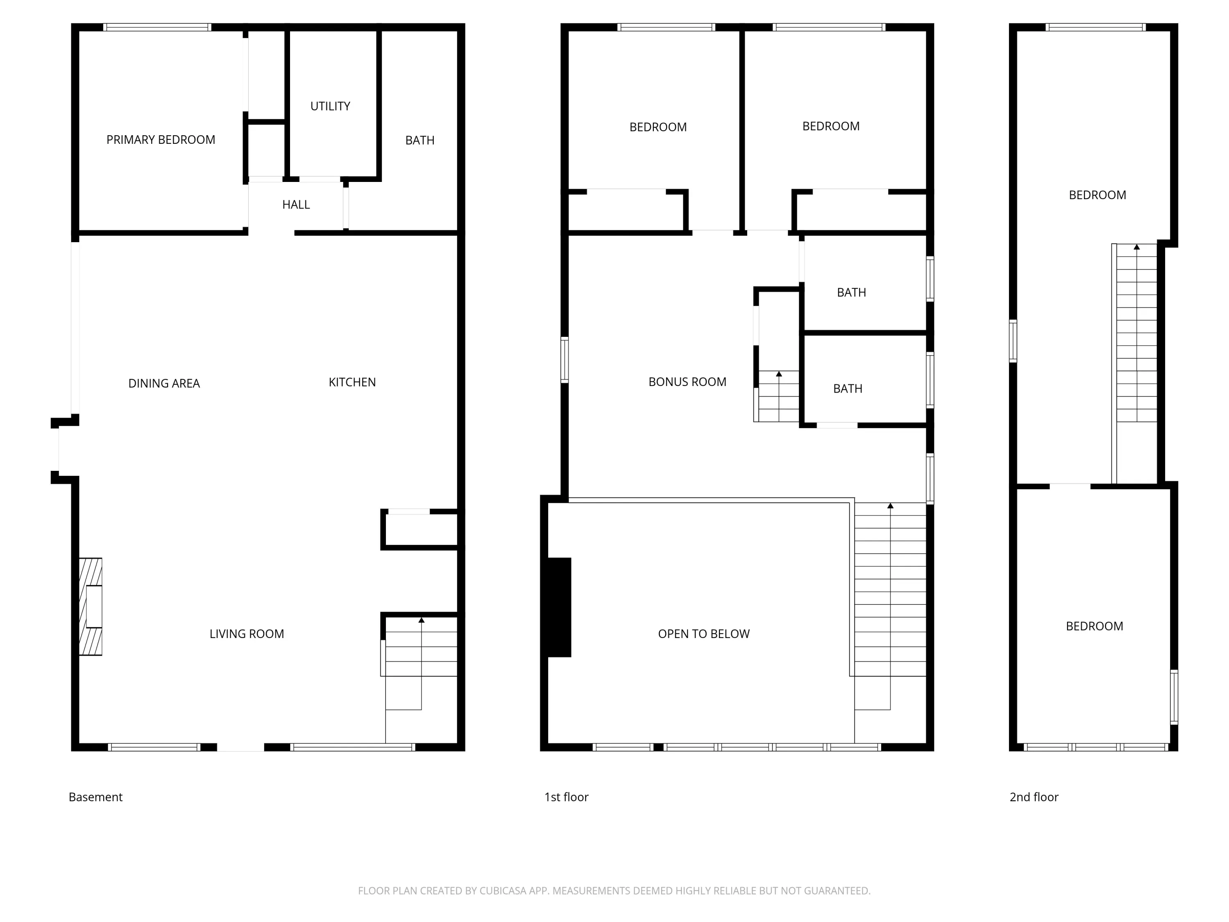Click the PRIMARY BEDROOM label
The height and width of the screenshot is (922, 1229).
[161, 139]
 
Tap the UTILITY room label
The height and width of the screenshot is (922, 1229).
[330, 106]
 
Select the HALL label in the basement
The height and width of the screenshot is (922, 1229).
[296, 204]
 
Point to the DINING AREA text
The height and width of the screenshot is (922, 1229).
[164, 384]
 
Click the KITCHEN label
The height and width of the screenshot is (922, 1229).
[352, 382]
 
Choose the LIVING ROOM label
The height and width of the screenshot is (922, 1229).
[247, 634]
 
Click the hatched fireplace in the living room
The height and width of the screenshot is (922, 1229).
[91, 607]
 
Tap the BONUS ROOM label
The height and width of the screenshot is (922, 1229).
[687, 382]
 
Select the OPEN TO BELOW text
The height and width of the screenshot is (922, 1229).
[703, 634]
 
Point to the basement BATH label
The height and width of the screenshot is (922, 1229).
[419, 141]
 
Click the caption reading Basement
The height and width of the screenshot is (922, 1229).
[95, 797]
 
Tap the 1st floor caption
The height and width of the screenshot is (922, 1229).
[566, 797]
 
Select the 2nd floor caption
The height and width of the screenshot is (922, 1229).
[1034, 797]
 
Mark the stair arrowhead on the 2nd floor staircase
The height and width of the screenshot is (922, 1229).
[1137, 247]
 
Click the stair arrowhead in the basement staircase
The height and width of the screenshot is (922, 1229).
[421, 620]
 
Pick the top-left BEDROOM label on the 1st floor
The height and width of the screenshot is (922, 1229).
[658, 127]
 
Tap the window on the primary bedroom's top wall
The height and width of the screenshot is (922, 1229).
[157, 27]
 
